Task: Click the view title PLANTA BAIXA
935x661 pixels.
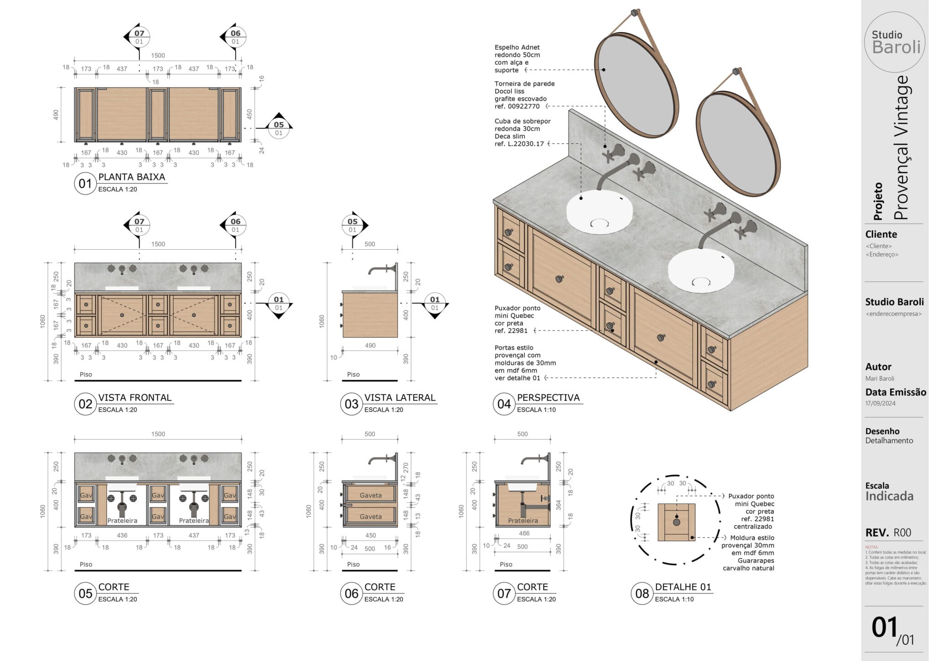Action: (131, 177)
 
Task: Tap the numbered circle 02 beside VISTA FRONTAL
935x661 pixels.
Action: (85, 404)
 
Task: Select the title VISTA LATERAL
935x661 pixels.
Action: (399, 398)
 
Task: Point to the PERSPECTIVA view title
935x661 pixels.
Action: (548, 398)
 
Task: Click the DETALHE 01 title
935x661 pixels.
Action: (683, 587)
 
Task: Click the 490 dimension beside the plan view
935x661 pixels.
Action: (56, 114)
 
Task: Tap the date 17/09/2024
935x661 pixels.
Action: (880, 403)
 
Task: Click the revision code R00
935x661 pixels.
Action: (902, 533)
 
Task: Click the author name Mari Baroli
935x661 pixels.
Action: (879, 378)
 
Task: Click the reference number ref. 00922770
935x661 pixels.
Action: (517, 106)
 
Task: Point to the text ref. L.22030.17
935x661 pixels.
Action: (519, 144)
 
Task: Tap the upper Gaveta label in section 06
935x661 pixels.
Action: (370, 495)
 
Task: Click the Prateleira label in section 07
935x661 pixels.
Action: (523, 520)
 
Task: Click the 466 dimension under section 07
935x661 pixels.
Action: (524, 533)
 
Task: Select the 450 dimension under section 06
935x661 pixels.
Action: (370, 535)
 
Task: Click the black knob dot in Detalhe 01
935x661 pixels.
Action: (676, 522)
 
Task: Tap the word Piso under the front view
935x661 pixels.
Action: (86, 374)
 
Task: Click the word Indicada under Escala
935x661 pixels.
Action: (889, 496)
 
